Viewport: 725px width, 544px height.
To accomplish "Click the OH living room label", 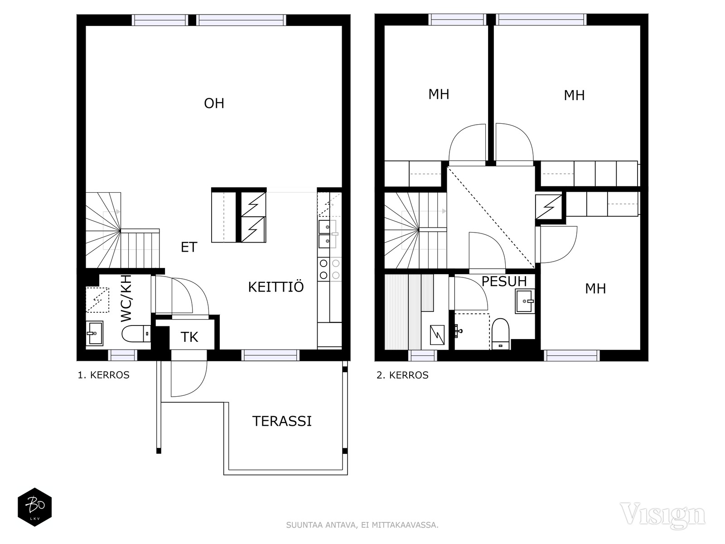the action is [x=214, y=103].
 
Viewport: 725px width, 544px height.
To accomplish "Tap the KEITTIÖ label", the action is [x=276, y=287].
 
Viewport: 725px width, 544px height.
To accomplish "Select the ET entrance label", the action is [x=189, y=247].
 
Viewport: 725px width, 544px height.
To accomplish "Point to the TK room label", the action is [x=189, y=337].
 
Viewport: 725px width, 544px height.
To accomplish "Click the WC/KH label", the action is [x=126, y=298].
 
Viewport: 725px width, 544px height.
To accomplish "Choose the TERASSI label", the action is [x=282, y=421].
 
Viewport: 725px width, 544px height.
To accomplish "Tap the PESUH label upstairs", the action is [x=504, y=282].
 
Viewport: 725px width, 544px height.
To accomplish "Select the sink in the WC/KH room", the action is [x=94, y=333].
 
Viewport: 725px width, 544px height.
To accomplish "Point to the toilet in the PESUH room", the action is [x=500, y=334].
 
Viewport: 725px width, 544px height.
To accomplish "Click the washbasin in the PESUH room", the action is [x=525, y=301].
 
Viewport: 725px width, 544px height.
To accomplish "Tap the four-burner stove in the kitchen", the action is [x=329, y=269].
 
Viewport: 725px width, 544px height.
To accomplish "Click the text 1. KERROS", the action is [x=103, y=375].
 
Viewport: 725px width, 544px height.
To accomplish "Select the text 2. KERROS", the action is [x=402, y=375].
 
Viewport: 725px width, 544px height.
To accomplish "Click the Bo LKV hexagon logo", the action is [x=35, y=507].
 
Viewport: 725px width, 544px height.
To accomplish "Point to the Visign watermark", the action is [x=662, y=516].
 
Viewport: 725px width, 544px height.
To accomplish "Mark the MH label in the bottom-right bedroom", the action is [x=595, y=289].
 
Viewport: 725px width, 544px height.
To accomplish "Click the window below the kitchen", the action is [x=270, y=355].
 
